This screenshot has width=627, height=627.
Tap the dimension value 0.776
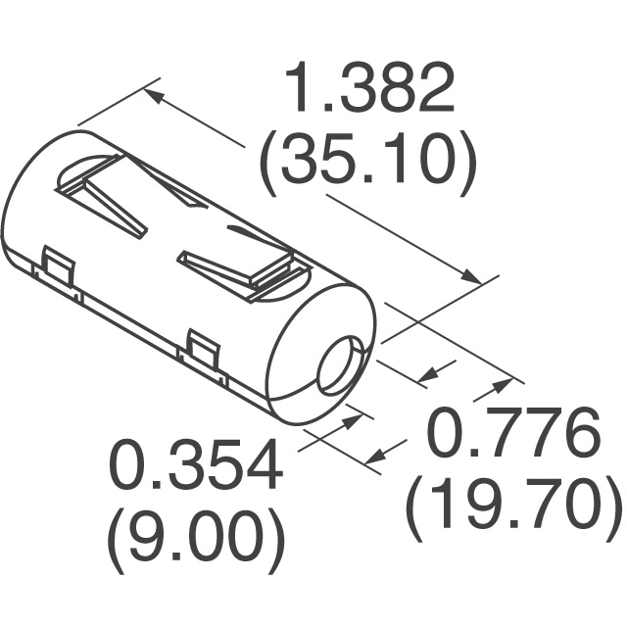click(514, 438)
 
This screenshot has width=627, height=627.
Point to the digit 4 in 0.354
click(259, 468)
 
